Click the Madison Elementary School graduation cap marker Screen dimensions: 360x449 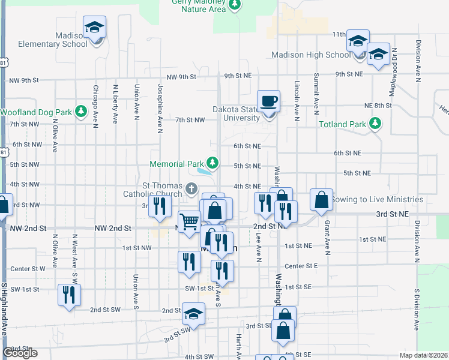click(x=95, y=28)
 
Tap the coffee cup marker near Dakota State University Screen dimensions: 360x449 click(x=268, y=101)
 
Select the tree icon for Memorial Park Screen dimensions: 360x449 click(x=212, y=162)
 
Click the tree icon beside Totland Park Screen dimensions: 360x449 click(x=375, y=124)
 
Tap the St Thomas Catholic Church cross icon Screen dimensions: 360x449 click(x=191, y=190)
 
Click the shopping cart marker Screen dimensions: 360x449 click(x=190, y=222)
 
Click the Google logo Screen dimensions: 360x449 click(x=20, y=353)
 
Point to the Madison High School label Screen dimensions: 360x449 click(x=310, y=55)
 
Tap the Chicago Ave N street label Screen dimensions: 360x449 click(x=95, y=106)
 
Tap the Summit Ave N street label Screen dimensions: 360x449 click(x=316, y=93)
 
